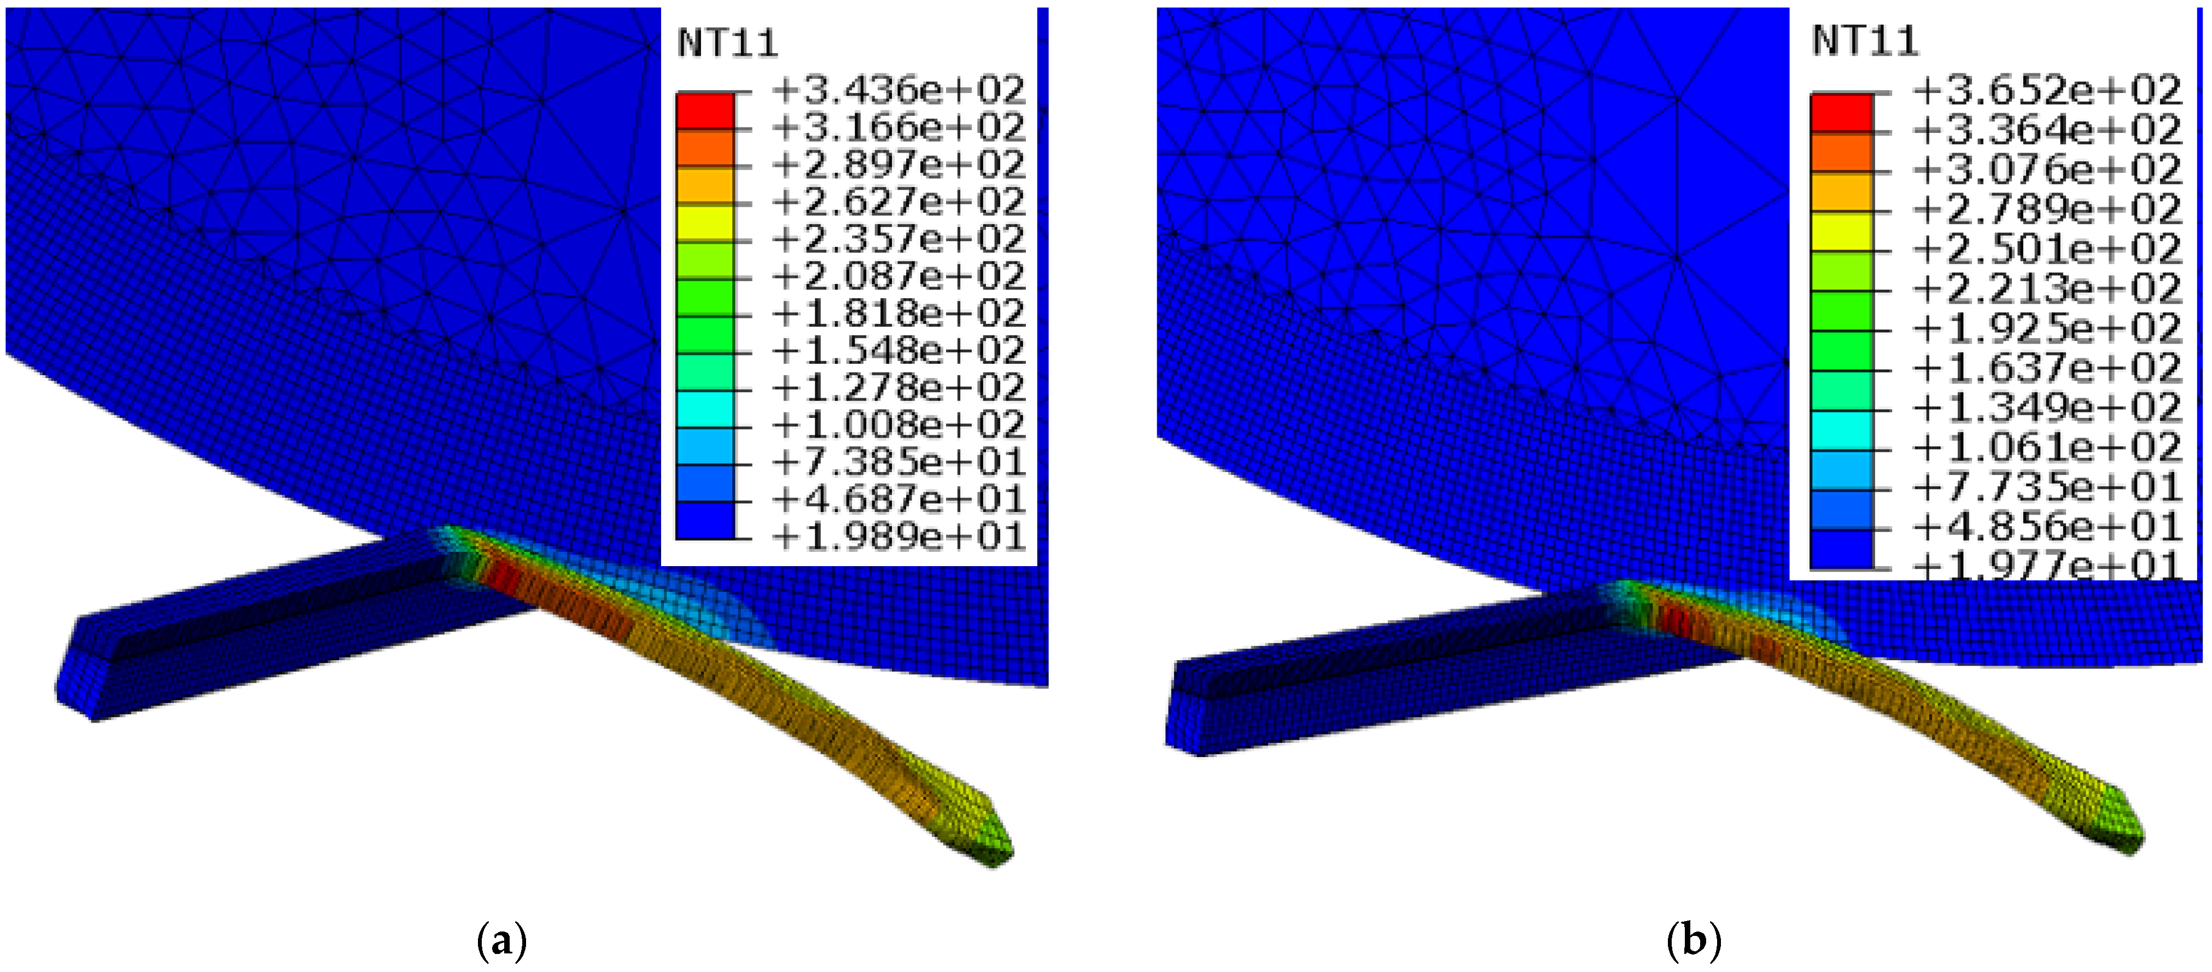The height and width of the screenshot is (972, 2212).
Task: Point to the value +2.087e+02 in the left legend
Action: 898,276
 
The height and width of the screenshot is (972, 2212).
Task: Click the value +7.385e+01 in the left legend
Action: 898,463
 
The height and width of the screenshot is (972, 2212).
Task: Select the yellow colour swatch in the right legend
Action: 1841,232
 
